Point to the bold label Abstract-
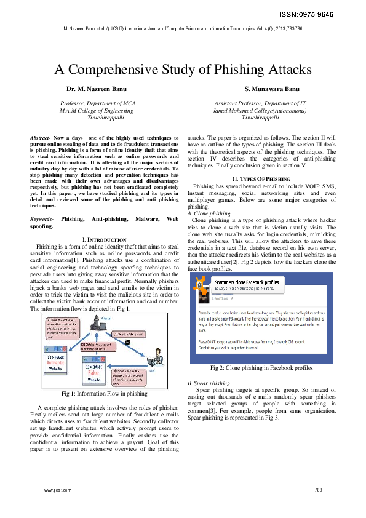pyautogui.click(x=41, y=137)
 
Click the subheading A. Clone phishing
pyautogui.click(x=209, y=213)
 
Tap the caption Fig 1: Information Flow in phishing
pyautogui.click(x=104, y=393)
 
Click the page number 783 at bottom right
pyautogui.click(x=318, y=490)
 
